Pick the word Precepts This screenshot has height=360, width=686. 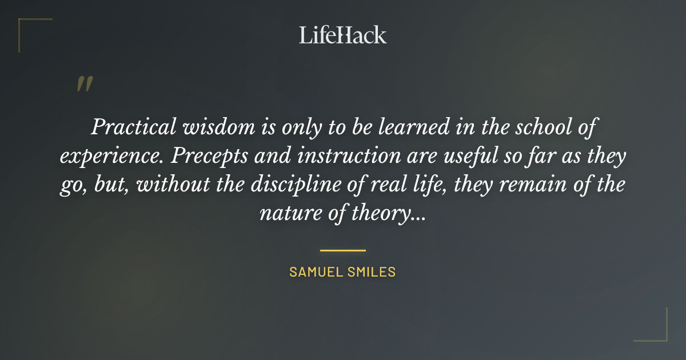click(199, 156)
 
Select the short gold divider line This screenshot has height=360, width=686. click(342, 250)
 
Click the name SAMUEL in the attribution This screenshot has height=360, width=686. click(315, 272)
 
